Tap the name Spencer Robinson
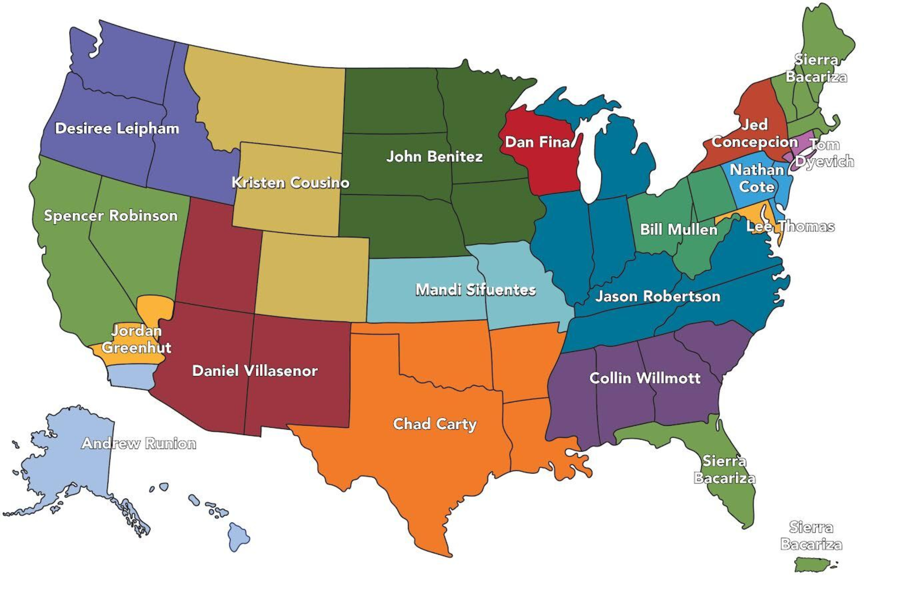click(x=111, y=216)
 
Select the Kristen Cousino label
click(x=291, y=183)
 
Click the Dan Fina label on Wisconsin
click(x=537, y=142)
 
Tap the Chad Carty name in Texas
click(x=434, y=424)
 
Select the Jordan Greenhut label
click(x=136, y=339)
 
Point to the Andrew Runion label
click(x=139, y=444)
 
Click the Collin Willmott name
click(x=645, y=378)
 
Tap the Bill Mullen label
click(x=678, y=230)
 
